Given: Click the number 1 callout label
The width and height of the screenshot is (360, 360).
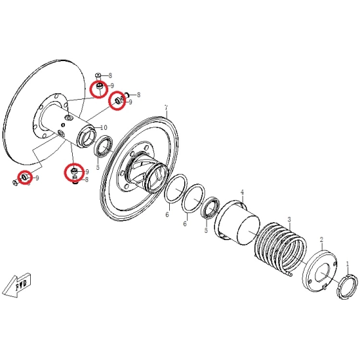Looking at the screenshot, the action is (348, 264).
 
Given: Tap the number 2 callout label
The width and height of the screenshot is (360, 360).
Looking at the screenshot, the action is (321, 240).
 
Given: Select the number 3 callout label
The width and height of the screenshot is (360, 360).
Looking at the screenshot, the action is (289, 220).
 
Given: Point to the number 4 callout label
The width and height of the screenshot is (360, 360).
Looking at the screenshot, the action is (242, 192).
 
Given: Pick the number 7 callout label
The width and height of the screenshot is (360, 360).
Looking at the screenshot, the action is (166, 108).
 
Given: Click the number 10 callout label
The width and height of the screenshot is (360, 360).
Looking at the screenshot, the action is (104, 127).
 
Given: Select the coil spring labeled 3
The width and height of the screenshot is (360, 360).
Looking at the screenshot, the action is (281, 249).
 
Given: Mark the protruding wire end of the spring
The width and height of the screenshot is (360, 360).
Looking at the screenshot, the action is (290, 273).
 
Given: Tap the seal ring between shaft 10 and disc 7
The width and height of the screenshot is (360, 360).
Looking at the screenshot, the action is (104, 146).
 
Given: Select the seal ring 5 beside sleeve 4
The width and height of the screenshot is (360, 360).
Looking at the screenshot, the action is (210, 208).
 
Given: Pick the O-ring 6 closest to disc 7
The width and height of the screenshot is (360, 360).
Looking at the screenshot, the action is (176, 189).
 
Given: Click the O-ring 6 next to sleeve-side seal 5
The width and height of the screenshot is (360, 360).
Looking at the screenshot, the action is (193, 199).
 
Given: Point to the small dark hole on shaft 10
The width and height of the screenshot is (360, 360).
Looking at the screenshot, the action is (63, 125).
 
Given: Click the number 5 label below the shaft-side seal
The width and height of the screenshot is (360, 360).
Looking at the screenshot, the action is (98, 167).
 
